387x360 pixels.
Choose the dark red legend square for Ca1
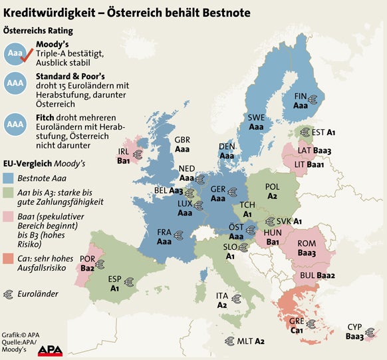9,259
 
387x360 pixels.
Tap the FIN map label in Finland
301,96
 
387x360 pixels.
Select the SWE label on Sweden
256,118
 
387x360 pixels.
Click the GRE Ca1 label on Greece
297,320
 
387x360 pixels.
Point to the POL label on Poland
273,188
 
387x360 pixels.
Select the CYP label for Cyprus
354,327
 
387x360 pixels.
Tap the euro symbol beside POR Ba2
100,264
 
